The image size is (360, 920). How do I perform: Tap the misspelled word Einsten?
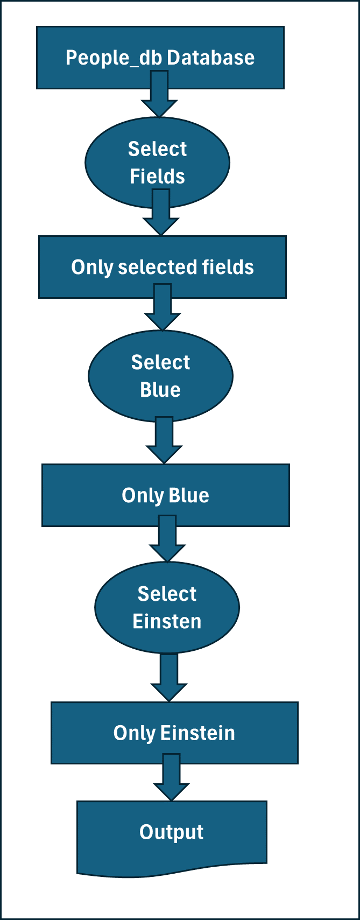167,621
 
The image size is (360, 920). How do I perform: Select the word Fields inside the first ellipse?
157,177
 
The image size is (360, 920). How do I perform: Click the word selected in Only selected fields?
157,267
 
